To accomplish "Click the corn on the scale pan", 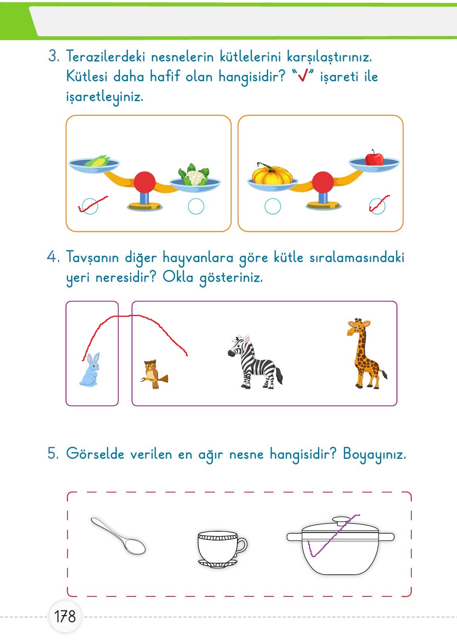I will (97, 161).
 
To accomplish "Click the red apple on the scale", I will (374, 158).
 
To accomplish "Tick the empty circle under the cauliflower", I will (196, 206).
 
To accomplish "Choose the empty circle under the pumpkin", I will (272, 206).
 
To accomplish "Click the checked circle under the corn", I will (90, 206).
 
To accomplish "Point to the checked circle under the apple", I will (377, 206).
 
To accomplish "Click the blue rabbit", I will (90, 370).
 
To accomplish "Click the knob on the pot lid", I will (341, 521).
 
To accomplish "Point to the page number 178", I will (65, 617).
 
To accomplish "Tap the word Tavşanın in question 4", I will (92, 257).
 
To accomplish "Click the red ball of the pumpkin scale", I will (323, 182).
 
